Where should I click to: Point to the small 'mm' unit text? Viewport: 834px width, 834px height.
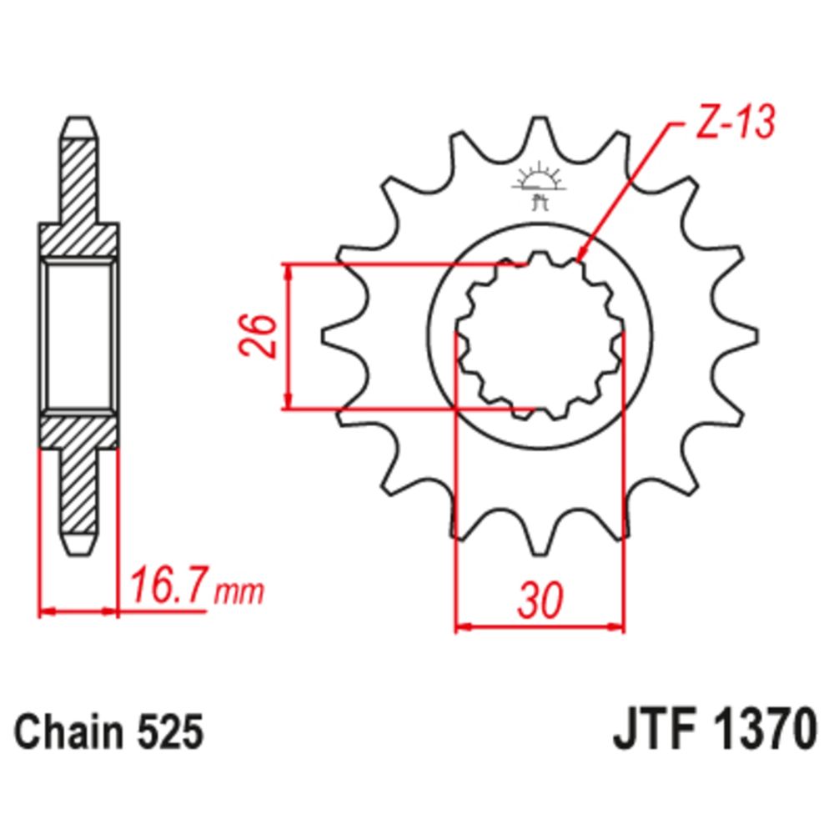click(239, 593)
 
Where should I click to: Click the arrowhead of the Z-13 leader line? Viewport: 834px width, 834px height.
click(580, 258)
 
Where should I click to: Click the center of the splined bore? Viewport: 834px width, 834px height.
click(540, 337)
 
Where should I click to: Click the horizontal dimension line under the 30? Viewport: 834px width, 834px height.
click(540, 625)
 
